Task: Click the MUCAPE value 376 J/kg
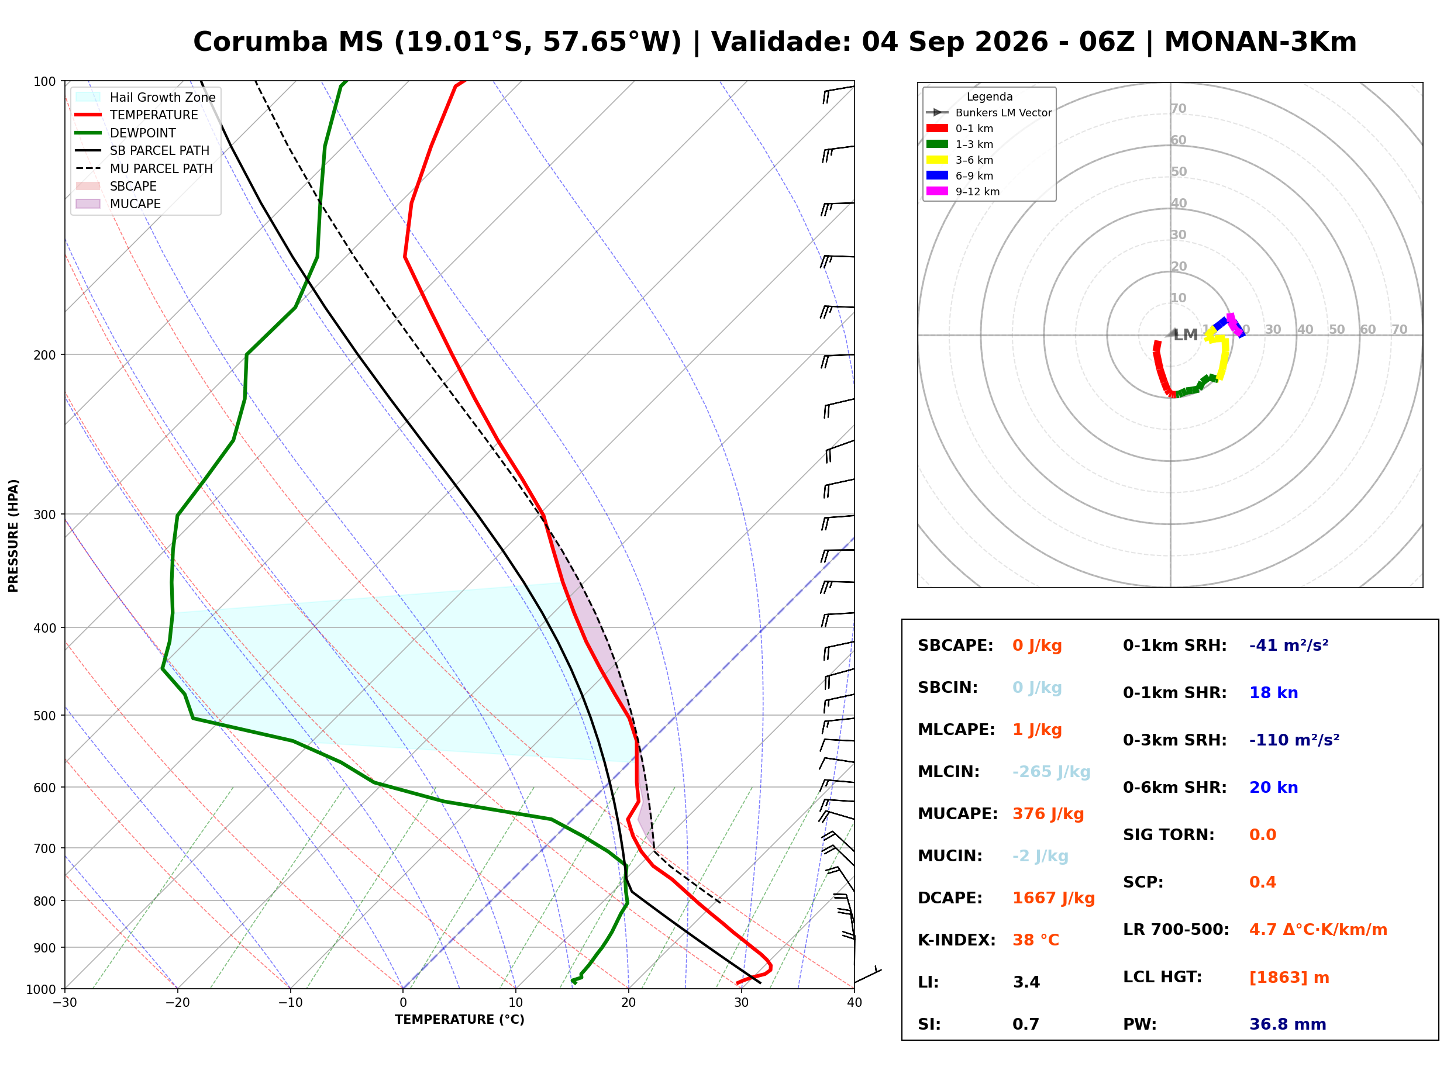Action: [x=1048, y=814]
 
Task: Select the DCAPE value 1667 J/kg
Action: [x=1054, y=898]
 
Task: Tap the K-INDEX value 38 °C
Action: [x=1036, y=940]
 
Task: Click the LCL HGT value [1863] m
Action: [x=1289, y=978]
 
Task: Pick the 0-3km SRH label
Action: [x=1175, y=740]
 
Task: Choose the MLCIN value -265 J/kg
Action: [x=1051, y=772]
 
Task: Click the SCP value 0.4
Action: [x=1262, y=883]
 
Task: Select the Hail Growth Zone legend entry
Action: [x=145, y=97]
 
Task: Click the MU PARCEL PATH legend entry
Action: [x=144, y=168]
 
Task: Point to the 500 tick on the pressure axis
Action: [x=44, y=716]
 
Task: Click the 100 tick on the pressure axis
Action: [x=44, y=82]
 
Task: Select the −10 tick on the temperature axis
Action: [x=290, y=1003]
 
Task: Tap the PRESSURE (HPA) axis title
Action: [x=13, y=536]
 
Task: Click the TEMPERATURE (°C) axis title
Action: [x=460, y=1020]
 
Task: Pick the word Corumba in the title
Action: [x=261, y=42]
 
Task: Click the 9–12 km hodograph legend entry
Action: [x=963, y=192]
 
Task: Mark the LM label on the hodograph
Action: [x=1186, y=335]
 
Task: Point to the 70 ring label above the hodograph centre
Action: [x=1178, y=109]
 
